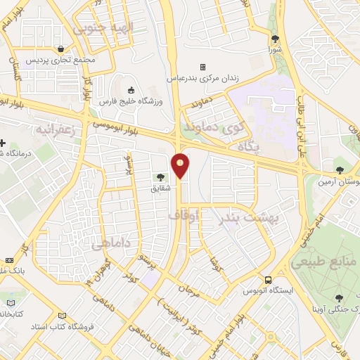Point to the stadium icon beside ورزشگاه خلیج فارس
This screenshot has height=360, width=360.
[131, 89]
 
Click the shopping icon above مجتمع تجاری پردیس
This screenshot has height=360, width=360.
[63, 49]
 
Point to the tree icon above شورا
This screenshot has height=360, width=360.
[275, 39]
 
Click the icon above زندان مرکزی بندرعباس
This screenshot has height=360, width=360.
[202, 67]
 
